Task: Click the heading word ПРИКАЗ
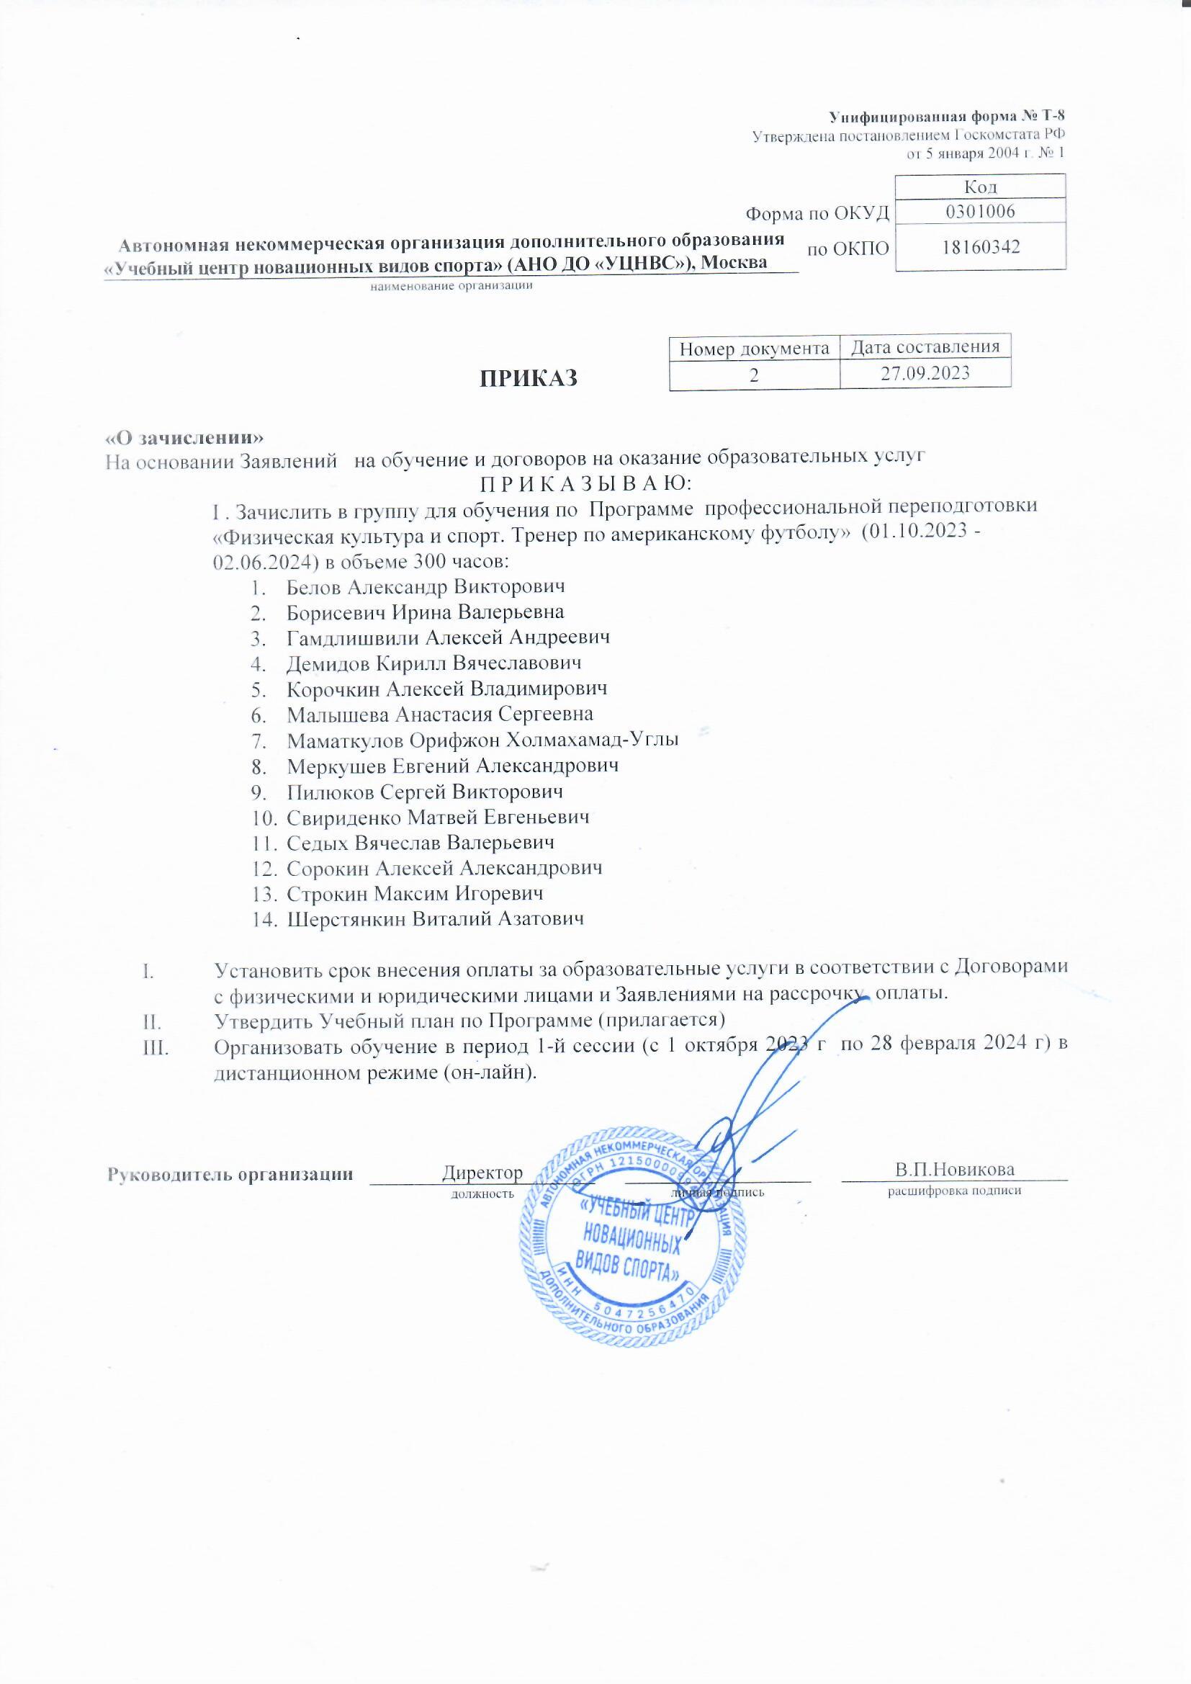tap(528, 377)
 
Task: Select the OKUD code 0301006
tap(980, 212)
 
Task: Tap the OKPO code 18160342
tap(980, 247)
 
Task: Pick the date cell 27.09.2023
tap(925, 373)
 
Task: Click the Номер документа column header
tap(754, 349)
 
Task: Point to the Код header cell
tap(980, 187)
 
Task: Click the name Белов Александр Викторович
tap(426, 587)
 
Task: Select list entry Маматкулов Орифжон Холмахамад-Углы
tap(482, 740)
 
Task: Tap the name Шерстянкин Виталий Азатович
tap(435, 919)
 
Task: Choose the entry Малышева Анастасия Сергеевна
tap(439, 715)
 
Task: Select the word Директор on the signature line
tap(482, 1172)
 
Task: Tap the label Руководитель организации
tap(230, 1173)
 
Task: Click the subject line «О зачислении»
tap(184, 437)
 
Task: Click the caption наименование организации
tap(451, 286)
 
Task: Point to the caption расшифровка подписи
tap(954, 1191)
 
